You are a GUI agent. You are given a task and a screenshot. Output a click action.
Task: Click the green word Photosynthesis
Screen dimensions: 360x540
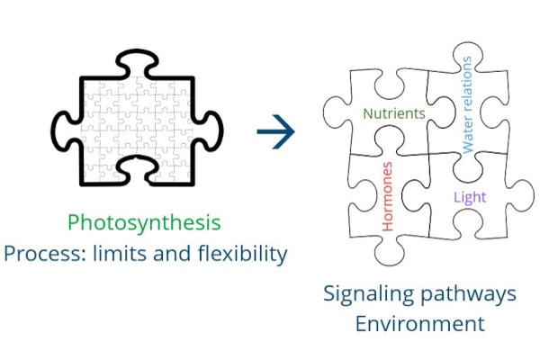pos(144,222)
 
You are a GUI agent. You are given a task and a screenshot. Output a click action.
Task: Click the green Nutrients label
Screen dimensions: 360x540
pos(393,113)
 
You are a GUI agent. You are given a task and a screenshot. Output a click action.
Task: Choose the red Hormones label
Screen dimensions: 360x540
pos(388,197)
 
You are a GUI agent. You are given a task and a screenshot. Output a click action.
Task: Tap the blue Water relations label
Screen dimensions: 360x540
pos(466,104)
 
